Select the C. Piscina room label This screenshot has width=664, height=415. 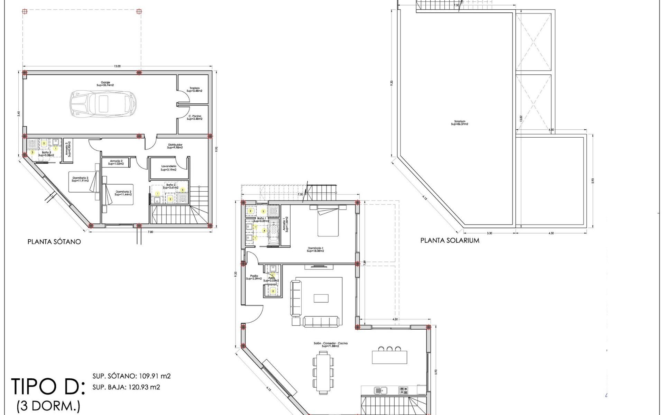click(x=194, y=118)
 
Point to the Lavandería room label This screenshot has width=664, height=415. click(x=169, y=168)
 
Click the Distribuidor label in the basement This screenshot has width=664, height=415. click(x=175, y=146)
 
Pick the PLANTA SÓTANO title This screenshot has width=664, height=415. click(x=54, y=242)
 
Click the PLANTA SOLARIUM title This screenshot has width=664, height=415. click(x=450, y=240)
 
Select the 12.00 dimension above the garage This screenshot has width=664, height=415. click(x=117, y=66)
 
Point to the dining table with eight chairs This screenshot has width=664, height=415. click(x=324, y=372)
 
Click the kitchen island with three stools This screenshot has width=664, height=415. click(x=389, y=356)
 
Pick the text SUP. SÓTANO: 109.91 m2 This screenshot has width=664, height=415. click(x=131, y=376)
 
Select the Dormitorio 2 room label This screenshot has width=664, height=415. click(x=123, y=193)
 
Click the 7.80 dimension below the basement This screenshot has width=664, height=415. click(x=150, y=232)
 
